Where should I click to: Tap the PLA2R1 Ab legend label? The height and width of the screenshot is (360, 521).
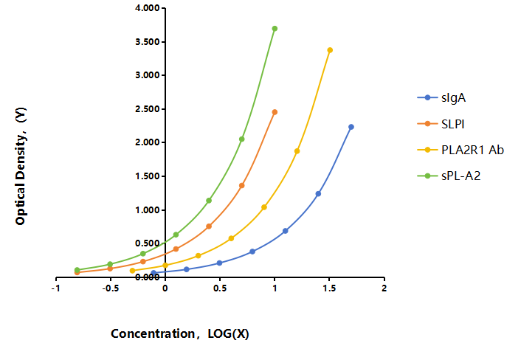pos(472,150)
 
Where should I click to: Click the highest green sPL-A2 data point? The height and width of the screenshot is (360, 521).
pos(275,29)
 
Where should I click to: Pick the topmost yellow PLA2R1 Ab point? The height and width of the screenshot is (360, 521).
pos(330,50)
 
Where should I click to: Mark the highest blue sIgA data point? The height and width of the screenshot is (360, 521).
pos(351,127)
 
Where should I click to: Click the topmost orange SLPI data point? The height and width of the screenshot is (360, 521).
pos(275,112)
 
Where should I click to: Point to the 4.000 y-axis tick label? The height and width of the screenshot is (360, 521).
pos(148,8)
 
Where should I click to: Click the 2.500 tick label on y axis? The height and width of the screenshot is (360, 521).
pos(148,109)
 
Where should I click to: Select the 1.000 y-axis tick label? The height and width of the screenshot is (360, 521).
pos(148,210)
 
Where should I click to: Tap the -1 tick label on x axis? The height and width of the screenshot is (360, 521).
pos(55,288)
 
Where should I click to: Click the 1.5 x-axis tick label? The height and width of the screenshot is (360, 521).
pos(329,288)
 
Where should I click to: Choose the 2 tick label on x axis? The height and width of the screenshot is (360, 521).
pos(384,288)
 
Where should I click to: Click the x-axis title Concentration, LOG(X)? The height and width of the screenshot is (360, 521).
pos(180,333)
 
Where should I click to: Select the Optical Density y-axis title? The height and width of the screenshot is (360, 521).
pos(21,166)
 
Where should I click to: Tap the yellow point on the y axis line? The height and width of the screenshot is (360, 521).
pos(165,265)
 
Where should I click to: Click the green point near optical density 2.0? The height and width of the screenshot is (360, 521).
pos(241,139)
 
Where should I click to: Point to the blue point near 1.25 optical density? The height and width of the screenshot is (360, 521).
pos(318,193)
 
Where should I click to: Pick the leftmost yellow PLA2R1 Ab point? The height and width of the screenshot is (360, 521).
pos(133,271)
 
